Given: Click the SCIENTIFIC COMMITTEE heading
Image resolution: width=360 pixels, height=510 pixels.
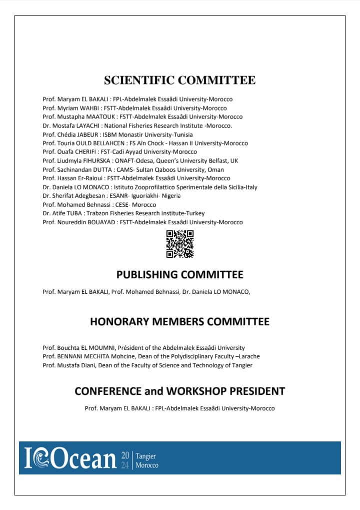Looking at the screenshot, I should tap(179, 80).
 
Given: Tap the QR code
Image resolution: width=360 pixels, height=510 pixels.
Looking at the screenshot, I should tap(179, 244).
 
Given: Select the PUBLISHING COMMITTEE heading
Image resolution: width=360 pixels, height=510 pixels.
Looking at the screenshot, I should tap(179, 274).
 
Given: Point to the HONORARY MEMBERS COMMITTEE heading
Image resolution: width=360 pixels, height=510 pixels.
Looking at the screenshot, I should tap(179, 322).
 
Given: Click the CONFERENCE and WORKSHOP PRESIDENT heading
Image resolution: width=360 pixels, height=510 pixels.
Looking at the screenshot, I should tap(179, 391).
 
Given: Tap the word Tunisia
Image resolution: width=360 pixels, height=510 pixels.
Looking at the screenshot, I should tap(182, 135).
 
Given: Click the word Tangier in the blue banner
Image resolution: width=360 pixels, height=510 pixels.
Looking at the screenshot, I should tap(146, 456).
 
